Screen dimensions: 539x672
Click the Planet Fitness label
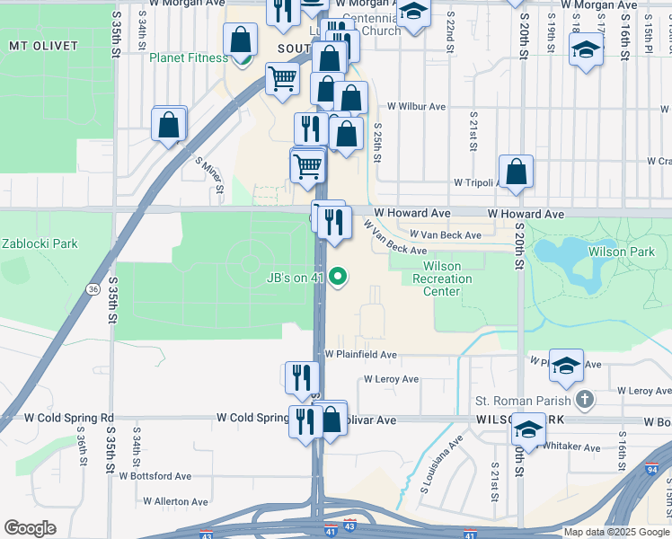[x=189, y=58]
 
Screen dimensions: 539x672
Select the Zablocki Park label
[x=40, y=243]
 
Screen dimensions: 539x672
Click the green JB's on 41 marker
[x=338, y=277]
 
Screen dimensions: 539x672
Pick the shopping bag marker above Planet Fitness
[x=241, y=40]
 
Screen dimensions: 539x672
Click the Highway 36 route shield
[x=93, y=288]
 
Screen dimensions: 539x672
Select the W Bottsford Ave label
[x=155, y=476]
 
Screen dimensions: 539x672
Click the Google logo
[x=30, y=528]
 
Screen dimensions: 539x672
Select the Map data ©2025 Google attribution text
[x=615, y=532]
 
